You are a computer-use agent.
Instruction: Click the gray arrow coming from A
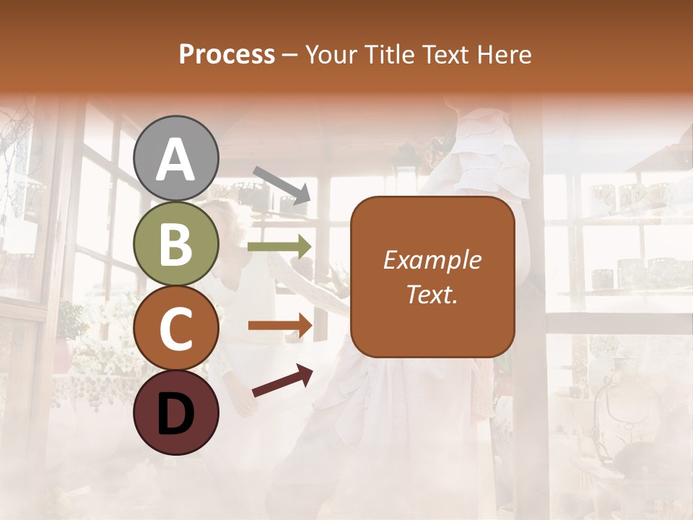(282, 185)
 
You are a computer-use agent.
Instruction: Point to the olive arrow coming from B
(279, 247)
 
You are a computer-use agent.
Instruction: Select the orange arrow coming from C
(280, 326)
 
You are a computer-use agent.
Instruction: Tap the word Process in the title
(227, 55)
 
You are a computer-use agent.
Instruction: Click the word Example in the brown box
(432, 260)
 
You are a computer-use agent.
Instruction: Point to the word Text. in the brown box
(432, 294)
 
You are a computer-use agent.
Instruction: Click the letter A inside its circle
(176, 160)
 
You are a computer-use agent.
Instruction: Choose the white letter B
(176, 244)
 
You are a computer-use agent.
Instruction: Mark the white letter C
(176, 329)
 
